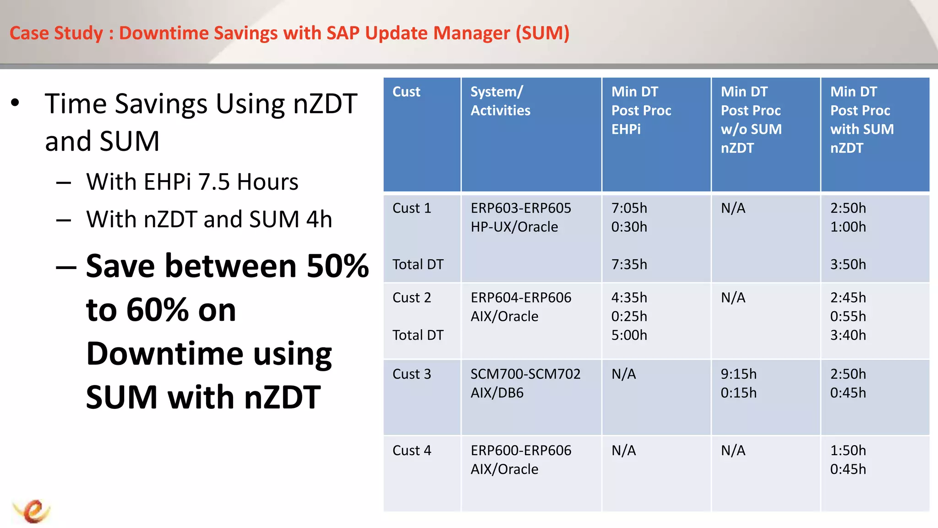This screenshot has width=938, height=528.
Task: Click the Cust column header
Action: tap(406, 92)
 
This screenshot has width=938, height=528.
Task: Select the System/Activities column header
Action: tap(500, 101)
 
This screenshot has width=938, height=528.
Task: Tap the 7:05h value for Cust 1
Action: tap(629, 208)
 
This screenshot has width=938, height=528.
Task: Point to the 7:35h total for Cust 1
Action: tap(629, 264)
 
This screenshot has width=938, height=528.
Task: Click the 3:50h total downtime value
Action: tap(848, 264)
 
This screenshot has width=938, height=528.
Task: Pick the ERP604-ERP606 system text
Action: tap(521, 297)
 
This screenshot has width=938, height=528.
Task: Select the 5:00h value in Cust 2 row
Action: tap(629, 335)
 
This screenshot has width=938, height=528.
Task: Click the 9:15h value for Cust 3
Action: tap(738, 374)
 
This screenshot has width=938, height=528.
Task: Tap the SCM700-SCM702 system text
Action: tap(525, 374)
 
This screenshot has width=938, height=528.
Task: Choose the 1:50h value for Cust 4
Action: tap(848, 451)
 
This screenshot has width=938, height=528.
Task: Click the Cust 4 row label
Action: tap(412, 451)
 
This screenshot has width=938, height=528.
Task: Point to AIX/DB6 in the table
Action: tap(497, 393)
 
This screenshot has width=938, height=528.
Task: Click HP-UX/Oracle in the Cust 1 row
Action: tap(514, 227)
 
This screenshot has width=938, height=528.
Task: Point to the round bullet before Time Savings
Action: tap(16, 103)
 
